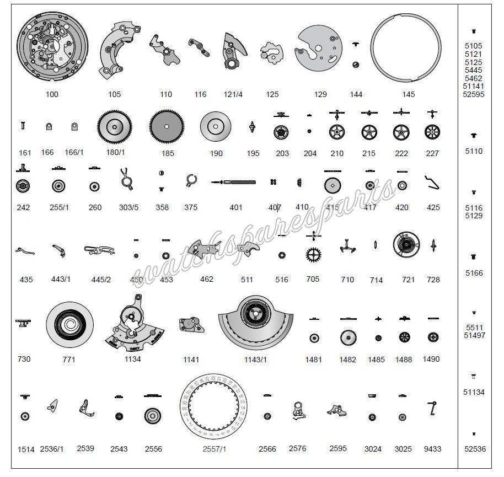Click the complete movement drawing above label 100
(52, 50)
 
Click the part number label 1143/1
(255, 360)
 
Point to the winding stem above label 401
(234, 182)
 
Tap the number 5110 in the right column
(474, 151)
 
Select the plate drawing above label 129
(319, 50)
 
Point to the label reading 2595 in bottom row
(338, 448)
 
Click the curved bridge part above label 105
(119, 49)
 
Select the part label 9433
(432, 449)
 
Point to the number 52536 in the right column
(474, 449)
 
